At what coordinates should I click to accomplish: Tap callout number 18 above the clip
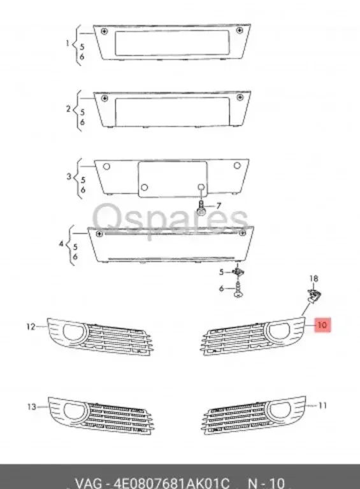313,279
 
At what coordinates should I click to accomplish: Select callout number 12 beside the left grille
31,327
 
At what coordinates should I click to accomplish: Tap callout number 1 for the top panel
68,43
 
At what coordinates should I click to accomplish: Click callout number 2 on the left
68,109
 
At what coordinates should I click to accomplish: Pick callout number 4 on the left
61,244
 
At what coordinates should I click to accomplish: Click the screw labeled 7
201,208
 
